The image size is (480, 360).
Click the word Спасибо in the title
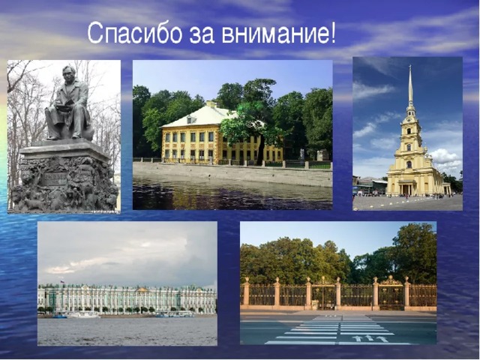point(135,33)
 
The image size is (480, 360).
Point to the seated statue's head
point(69,73)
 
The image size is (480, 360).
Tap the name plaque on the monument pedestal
point(55,179)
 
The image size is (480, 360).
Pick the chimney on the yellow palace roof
point(211,104)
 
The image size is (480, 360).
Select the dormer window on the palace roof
point(191,119)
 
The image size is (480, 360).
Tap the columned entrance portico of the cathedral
point(406,187)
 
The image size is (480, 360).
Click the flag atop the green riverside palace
point(62,281)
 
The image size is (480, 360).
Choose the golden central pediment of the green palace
point(142,289)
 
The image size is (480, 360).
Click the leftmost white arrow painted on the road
point(357,338)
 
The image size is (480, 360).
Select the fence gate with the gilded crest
point(391,292)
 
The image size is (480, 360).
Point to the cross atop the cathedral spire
point(410,67)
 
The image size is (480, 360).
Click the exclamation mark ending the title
point(332,33)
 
